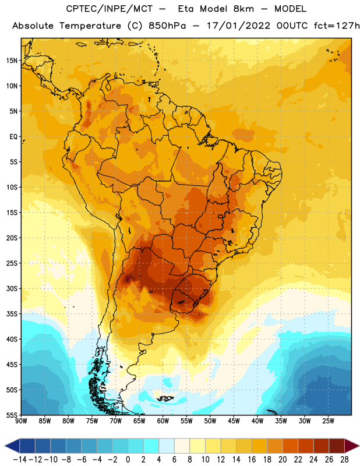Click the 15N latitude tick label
(12, 61)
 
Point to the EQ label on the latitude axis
(13, 137)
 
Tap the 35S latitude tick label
(12, 314)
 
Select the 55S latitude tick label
(12, 415)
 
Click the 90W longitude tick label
(21, 421)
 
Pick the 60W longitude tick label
(163, 421)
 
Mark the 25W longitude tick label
(328, 421)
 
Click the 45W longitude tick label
(234, 421)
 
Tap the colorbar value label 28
(344, 460)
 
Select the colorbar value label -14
(20, 460)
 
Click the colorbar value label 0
(128, 460)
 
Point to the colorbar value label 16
(252, 460)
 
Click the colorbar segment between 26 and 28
(337, 446)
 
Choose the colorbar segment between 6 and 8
(182, 446)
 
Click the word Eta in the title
(186, 9)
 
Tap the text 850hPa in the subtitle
(167, 26)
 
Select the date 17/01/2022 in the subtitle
(239, 26)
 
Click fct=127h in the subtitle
(337, 26)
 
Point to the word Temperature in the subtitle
(90, 26)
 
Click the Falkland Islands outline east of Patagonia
(165, 398)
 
